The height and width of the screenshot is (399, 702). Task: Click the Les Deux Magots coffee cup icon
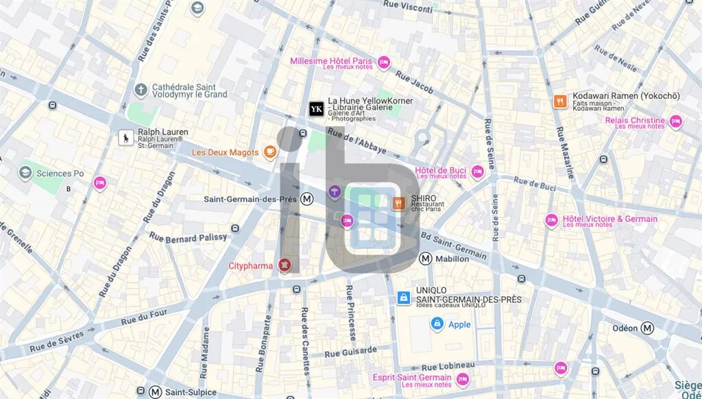point(270,152)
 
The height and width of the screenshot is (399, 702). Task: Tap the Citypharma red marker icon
point(285,265)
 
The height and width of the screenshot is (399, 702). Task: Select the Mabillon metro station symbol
point(426,258)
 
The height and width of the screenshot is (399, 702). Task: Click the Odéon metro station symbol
point(647,328)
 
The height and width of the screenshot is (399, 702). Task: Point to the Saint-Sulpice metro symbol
point(156,391)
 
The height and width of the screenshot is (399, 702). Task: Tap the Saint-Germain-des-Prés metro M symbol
point(308,199)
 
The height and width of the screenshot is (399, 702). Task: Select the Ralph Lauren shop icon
point(126,138)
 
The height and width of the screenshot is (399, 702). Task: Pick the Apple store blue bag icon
point(437,324)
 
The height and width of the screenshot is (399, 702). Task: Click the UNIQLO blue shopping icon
point(404,298)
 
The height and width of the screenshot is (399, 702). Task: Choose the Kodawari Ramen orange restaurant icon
point(560,101)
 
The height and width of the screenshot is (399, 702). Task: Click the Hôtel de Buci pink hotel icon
point(477,172)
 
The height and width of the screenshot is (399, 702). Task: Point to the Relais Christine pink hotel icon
point(675,122)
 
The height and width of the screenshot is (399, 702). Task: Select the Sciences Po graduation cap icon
point(25,173)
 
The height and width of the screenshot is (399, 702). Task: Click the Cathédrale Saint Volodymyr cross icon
point(141,90)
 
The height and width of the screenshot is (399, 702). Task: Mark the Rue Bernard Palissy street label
point(188,238)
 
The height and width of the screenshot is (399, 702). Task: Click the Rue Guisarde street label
point(350,352)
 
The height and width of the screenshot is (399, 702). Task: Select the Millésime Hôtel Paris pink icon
point(384,62)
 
